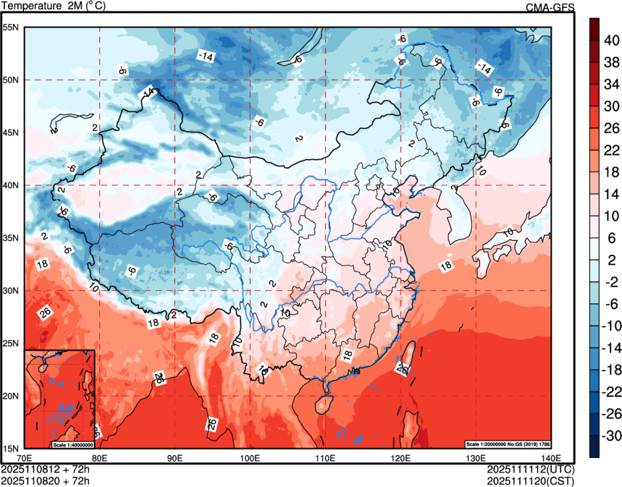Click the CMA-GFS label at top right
click(550, 7)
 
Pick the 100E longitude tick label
click(250, 458)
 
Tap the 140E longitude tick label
click(550, 458)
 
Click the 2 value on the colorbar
click(609, 260)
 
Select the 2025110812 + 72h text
click(46, 469)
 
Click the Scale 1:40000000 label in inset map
click(73, 444)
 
